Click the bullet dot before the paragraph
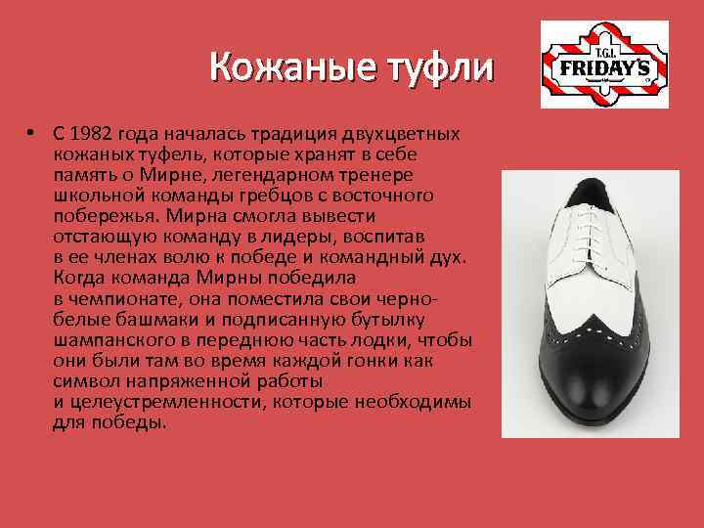pyautogui.click(x=32, y=132)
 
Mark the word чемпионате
pyautogui.click(x=116, y=299)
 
